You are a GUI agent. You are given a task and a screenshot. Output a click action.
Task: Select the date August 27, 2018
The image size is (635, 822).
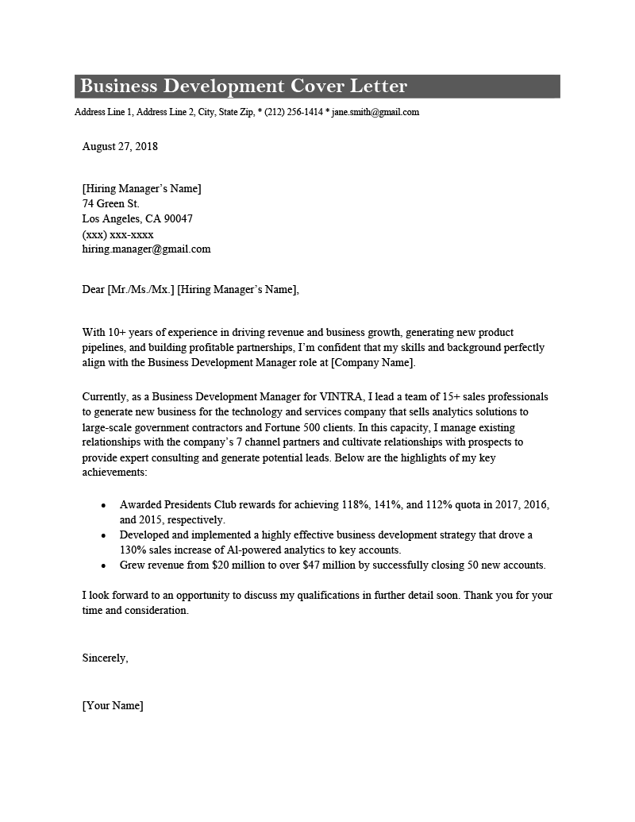[120, 146]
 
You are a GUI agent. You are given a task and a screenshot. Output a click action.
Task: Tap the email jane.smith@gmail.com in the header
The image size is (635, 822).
[375, 113]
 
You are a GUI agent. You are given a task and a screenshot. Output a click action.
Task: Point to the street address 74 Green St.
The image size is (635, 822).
[110, 203]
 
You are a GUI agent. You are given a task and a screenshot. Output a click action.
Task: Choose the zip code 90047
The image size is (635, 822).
[178, 218]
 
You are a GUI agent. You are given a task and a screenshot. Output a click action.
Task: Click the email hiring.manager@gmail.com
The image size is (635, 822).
[146, 249]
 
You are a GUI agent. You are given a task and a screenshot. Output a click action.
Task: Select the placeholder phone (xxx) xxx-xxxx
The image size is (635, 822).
[117, 234]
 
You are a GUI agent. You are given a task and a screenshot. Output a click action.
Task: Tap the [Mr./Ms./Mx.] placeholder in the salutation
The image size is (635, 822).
[140, 290]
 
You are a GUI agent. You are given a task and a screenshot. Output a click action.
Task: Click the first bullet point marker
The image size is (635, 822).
[104, 505]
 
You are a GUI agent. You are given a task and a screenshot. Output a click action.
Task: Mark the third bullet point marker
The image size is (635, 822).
[104, 565]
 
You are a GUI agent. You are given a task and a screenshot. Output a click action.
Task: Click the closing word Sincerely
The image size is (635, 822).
[105, 658]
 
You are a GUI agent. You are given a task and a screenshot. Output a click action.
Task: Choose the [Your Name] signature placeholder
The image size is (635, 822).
[113, 705]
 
